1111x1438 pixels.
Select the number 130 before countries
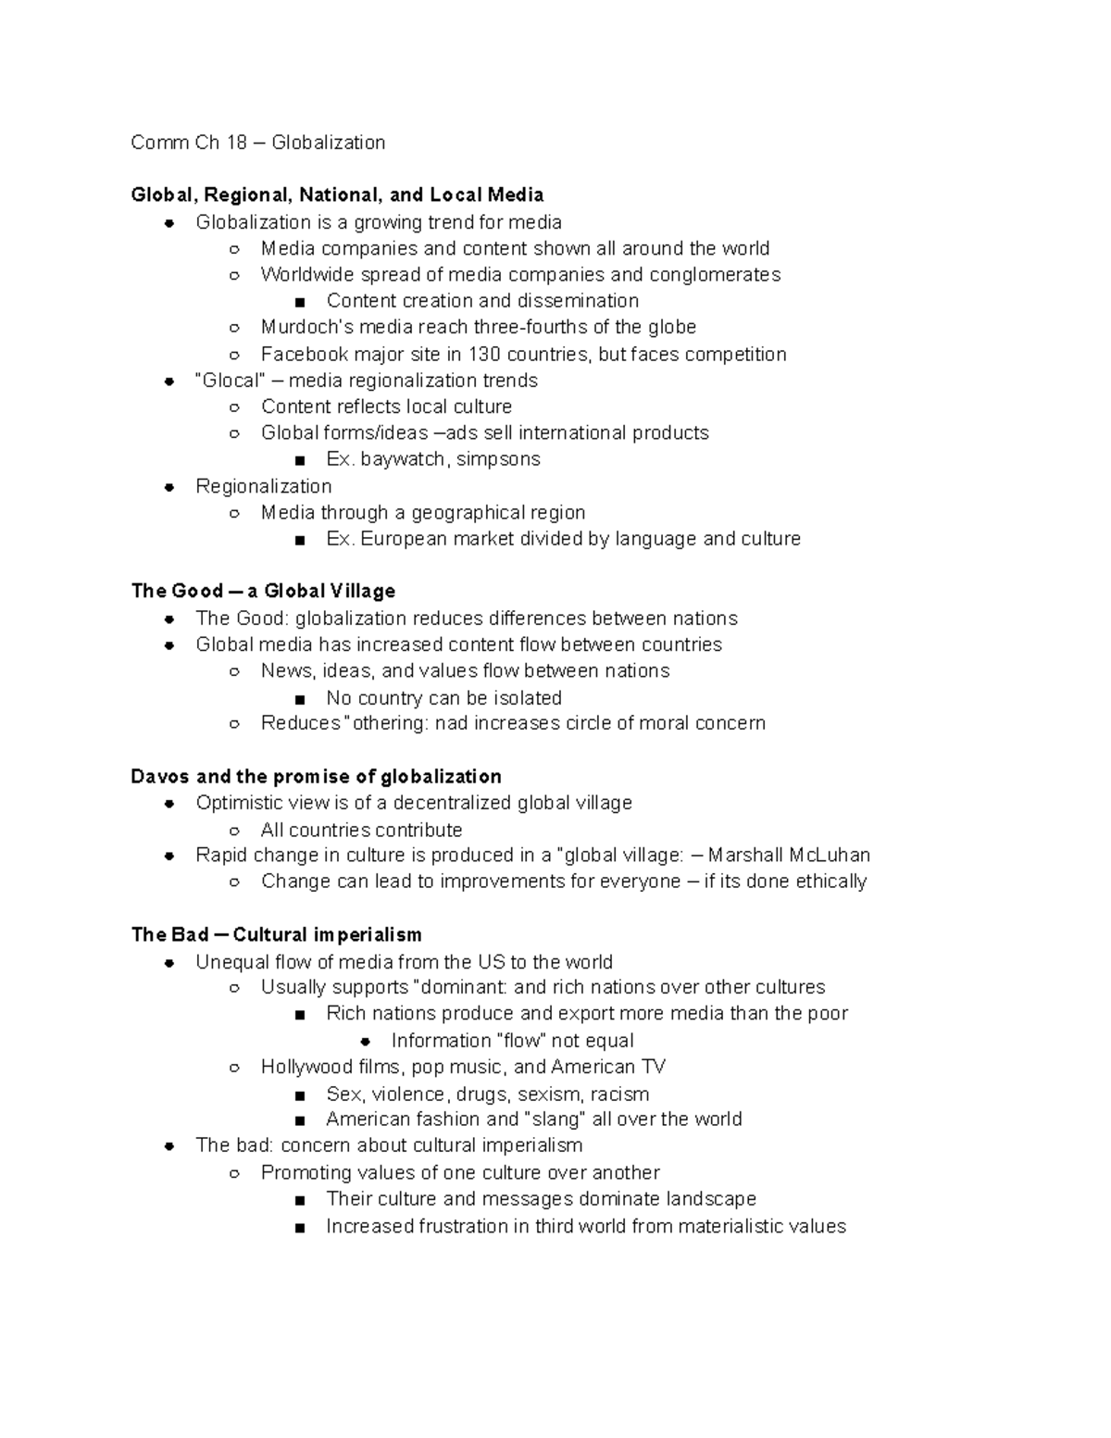click(x=483, y=354)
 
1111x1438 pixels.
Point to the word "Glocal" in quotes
click(x=228, y=381)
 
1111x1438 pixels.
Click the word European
click(x=404, y=539)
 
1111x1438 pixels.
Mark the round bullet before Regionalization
click(x=169, y=487)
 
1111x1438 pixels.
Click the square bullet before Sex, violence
click(x=299, y=1094)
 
